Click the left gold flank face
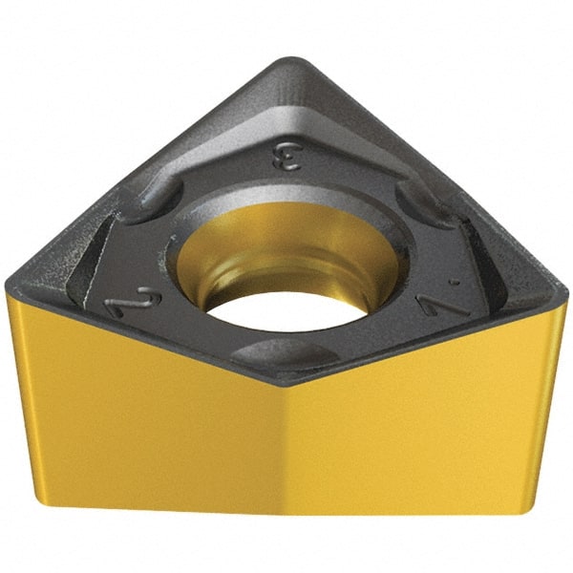click(x=143, y=420)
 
